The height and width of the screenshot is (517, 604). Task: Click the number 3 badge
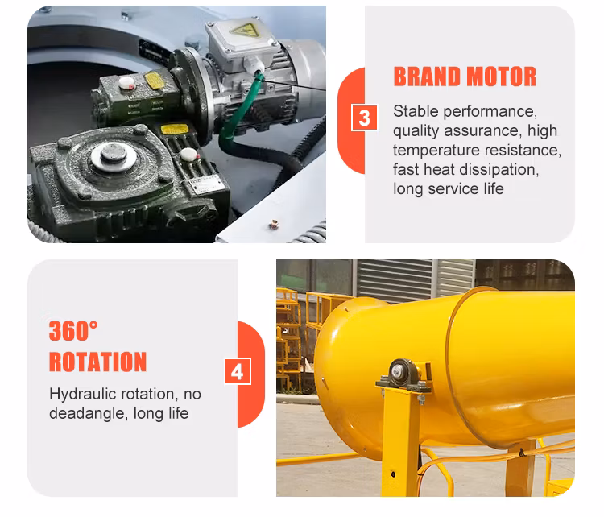tap(364, 118)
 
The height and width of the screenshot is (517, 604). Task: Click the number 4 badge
tap(238, 371)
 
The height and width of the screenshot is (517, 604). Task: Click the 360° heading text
tap(73, 330)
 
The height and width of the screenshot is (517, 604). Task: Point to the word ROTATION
tap(97, 362)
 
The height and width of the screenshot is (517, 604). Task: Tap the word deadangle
tap(89, 414)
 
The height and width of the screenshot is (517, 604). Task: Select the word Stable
tap(416, 111)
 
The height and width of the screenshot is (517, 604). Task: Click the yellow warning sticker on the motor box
tap(244, 30)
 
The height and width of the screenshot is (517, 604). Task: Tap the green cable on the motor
tap(240, 109)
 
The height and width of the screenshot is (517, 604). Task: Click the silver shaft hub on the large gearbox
tap(114, 155)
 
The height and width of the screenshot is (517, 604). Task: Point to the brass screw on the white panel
tap(274, 224)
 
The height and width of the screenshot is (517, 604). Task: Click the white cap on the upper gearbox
tap(126, 82)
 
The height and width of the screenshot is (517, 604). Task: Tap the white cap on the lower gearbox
tap(189, 155)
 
